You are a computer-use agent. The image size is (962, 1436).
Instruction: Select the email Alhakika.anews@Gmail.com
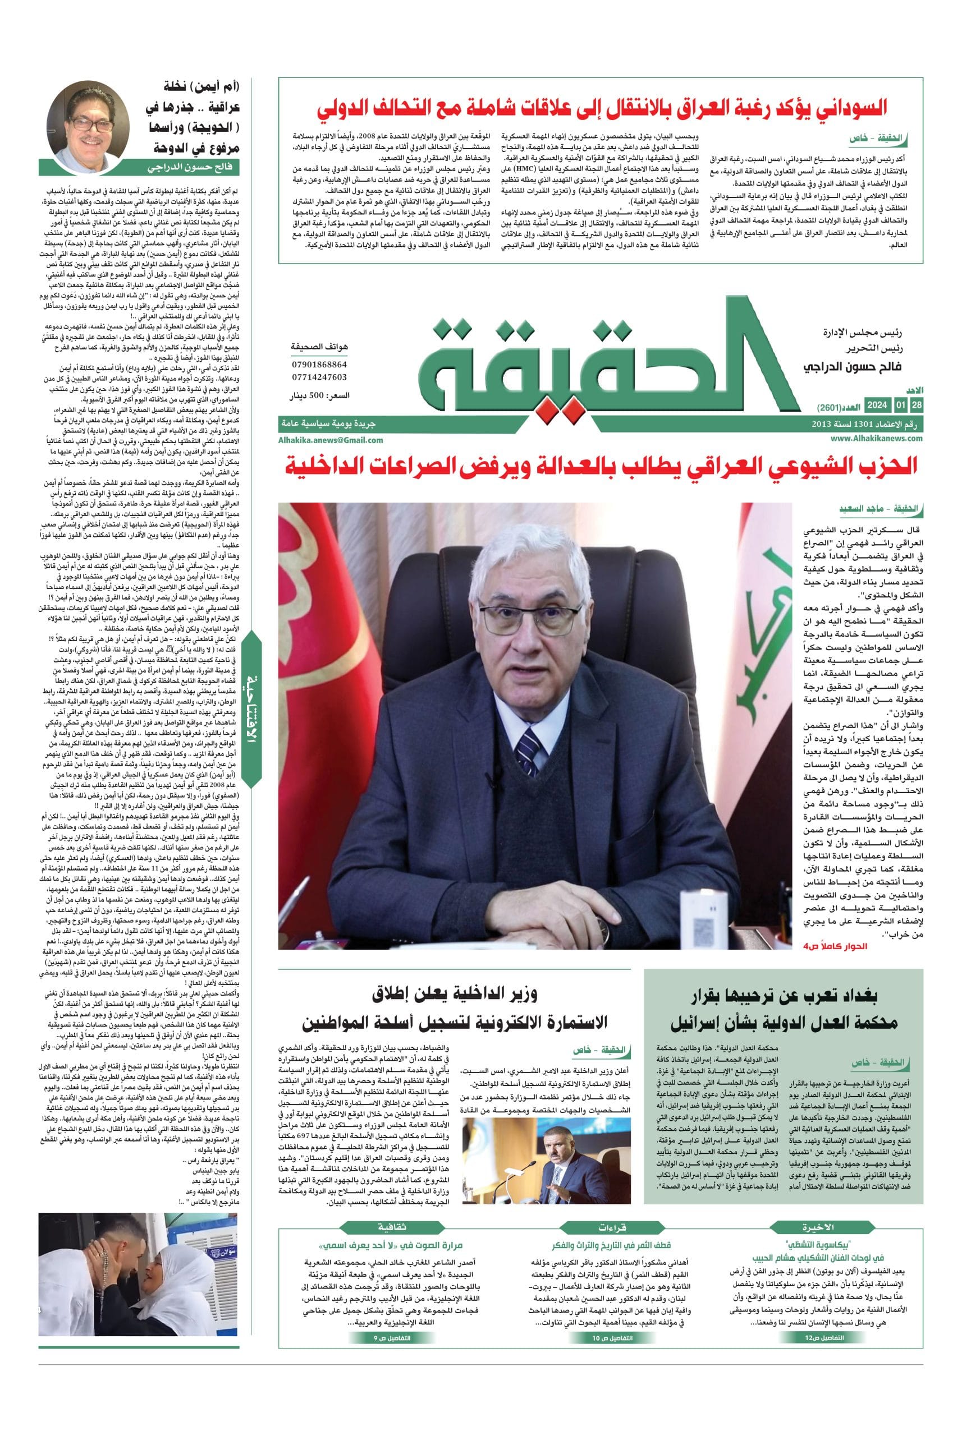[331, 440]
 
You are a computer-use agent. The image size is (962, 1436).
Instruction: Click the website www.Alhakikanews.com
[877, 438]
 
